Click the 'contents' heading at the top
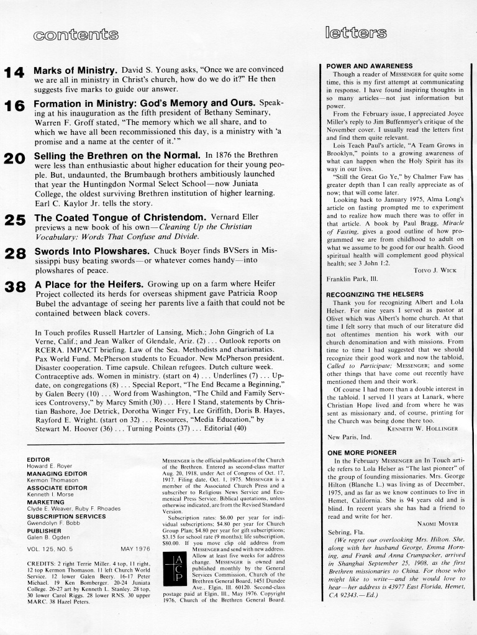(x=77, y=34)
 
